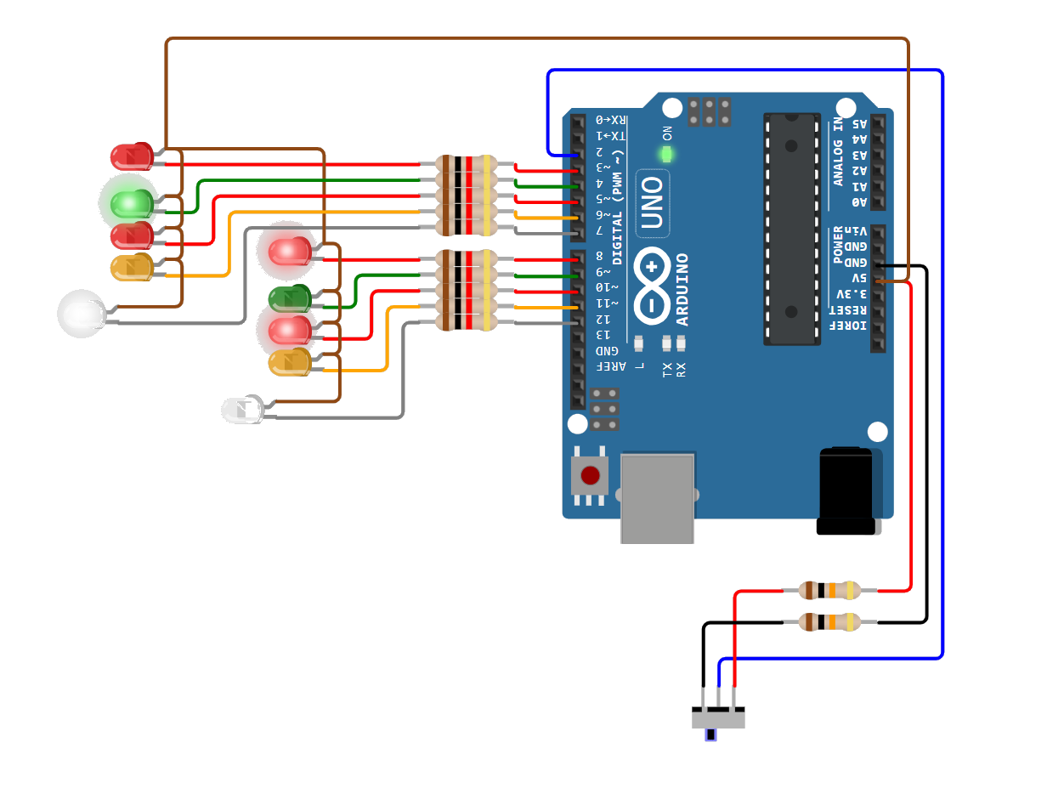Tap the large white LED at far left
[82, 314]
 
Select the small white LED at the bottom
[243, 410]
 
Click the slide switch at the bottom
[718, 719]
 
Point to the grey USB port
[657, 497]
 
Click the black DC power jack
[846, 490]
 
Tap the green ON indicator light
[666, 155]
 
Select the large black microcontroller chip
[791, 229]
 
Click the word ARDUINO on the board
[682, 289]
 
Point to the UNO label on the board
[652, 203]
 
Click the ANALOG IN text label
[839, 154]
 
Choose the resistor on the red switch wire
[829, 590]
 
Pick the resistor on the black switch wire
[829, 622]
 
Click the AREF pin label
[609, 366]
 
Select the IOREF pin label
[850, 326]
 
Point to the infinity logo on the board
[652, 286]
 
